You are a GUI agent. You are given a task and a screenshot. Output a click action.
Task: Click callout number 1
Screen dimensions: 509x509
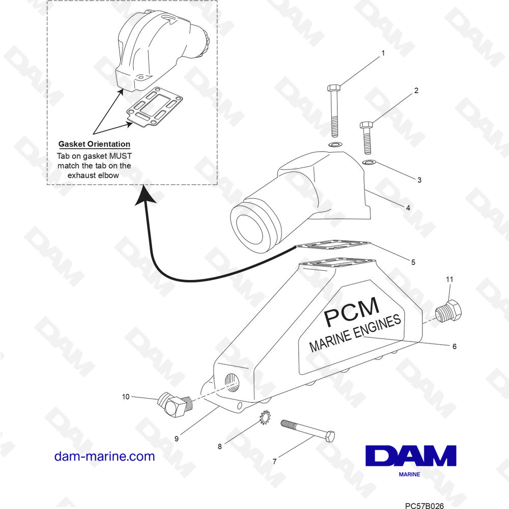[383, 53]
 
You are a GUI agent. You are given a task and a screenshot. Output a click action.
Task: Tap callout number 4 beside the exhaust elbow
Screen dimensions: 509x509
[408, 208]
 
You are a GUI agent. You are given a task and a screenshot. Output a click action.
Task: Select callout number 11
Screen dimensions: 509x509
[449, 279]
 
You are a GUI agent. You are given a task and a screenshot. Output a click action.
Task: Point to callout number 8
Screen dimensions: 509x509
[220, 447]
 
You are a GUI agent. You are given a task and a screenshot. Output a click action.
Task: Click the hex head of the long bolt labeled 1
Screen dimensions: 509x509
[334, 88]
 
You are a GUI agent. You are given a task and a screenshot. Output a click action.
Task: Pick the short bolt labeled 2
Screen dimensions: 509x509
[367, 137]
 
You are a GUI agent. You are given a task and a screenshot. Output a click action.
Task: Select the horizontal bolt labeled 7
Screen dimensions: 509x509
[308, 431]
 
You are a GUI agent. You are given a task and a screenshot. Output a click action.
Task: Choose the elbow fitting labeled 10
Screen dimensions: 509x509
[175, 404]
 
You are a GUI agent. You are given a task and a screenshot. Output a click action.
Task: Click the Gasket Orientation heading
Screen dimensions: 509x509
[94, 144]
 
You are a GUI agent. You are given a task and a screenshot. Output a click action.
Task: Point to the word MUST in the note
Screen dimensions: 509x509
[120, 156]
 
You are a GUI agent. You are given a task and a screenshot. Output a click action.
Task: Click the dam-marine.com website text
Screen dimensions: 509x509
[104, 456]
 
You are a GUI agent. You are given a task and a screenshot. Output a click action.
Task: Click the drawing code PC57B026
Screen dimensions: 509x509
[425, 505]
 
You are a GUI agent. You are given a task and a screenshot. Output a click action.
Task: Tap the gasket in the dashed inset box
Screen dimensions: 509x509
[154, 107]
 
